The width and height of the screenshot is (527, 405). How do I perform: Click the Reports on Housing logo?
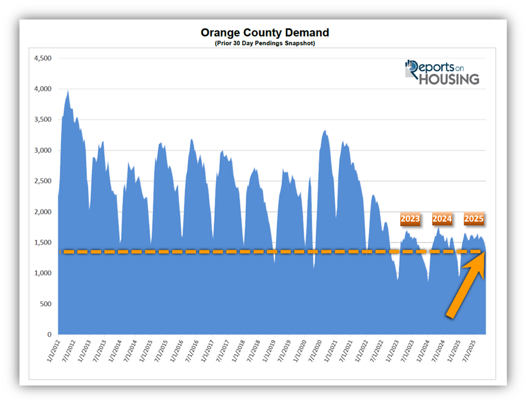[x=442, y=72]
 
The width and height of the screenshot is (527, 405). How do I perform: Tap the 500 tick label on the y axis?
[x=46, y=304]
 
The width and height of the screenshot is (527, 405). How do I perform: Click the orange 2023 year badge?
[x=410, y=219]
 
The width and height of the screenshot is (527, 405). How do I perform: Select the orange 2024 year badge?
[x=442, y=219]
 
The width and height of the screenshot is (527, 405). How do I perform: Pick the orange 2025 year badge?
[x=473, y=219]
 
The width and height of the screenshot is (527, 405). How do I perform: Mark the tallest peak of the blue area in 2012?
[x=68, y=91]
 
